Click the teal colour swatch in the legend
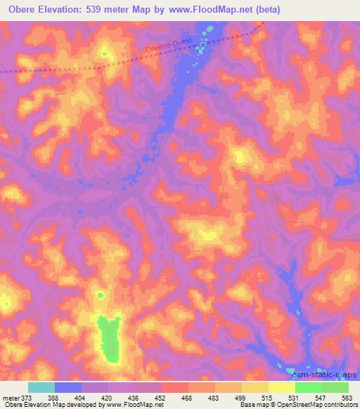(x=41, y=387)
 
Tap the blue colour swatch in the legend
(x=68, y=387)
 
